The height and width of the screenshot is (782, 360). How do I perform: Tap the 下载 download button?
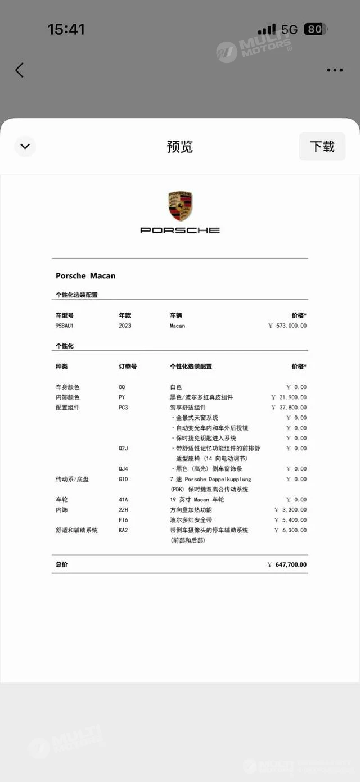click(x=322, y=147)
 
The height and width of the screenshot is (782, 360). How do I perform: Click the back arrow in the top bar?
click(x=19, y=70)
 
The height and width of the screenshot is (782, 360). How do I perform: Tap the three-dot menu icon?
click(x=335, y=70)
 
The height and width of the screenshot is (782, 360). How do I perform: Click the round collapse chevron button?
click(x=25, y=147)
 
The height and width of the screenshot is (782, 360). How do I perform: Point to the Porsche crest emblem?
click(x=180, y=206)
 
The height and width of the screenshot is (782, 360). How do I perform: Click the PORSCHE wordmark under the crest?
click(x=180, y=230)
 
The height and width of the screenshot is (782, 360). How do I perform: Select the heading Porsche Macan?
click(x=85, y=276)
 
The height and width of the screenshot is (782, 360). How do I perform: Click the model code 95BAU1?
click(x=64, y=326)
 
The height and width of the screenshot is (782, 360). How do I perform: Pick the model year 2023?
click(x=125, y=326)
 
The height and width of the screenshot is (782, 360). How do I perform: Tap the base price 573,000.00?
click(x=291, y=326)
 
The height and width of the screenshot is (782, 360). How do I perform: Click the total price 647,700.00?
click(x=291, y=564)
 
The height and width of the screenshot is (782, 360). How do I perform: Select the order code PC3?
click(x=123, y=408)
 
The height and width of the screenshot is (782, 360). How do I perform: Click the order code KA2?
click(x=123, y=530)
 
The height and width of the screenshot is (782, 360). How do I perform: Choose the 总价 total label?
click(x=61, y=564)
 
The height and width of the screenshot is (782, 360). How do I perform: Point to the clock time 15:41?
click(x=66, y=29)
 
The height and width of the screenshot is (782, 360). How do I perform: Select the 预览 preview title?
click(x=180, y=147)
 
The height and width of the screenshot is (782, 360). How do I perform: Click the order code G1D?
click(x=123, y=480)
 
